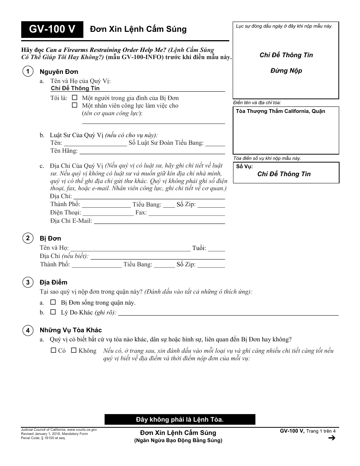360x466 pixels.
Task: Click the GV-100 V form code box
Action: click(52, 30)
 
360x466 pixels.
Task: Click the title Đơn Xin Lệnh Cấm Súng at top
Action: click(138, 30)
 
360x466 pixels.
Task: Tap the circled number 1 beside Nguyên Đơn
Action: click(28, 71)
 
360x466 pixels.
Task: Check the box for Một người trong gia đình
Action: click(75, 98)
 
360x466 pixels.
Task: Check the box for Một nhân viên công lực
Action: click(75, 105)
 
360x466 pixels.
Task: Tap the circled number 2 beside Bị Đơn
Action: click(28, 238)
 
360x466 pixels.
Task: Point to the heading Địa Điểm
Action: click(53, 282)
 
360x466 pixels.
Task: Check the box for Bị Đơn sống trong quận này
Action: click(53, 302)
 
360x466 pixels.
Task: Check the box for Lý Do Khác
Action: click(53, 313)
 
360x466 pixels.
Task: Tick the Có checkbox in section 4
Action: click(53, 350)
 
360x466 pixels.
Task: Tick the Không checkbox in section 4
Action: click(74, 350)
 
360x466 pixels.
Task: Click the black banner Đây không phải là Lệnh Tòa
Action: click(180, 419)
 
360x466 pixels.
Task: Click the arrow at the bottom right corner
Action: click(332, 438)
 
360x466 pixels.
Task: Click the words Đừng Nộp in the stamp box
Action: click(286, 71)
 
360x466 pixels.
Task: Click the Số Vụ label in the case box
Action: click(244, 167)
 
